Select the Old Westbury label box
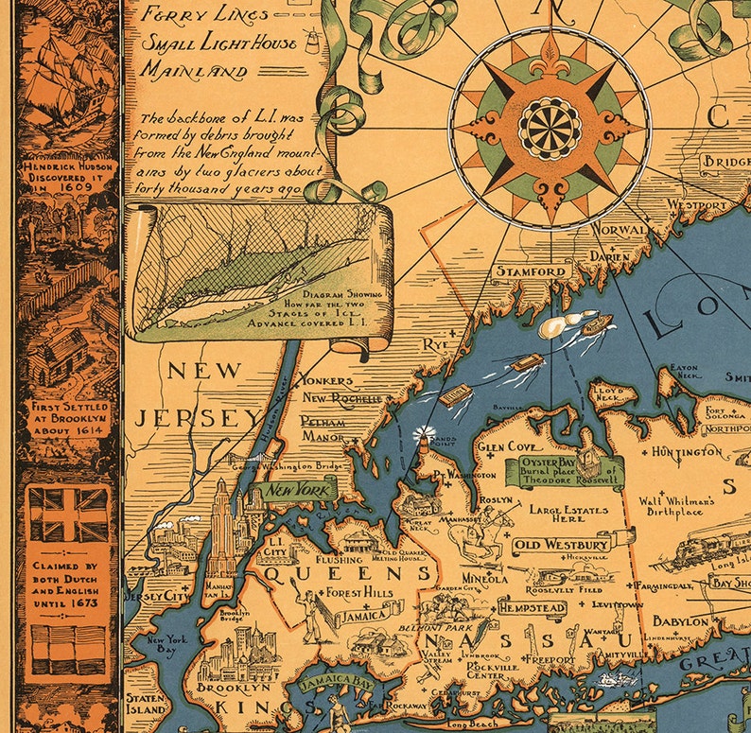point(560,546)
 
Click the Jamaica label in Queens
point(363,615)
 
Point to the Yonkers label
point(324,380)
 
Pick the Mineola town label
point(484,578)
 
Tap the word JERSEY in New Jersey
point(189,418)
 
